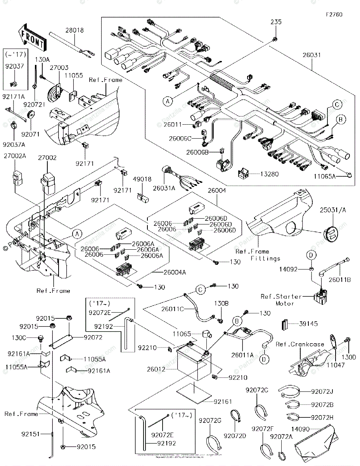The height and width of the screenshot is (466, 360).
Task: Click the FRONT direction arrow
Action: click(31, 36)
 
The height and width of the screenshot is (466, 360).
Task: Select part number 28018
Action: click(74, 30)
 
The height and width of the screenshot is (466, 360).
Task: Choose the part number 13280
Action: click(269, 174)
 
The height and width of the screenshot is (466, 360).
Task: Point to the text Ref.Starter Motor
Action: click(280, 300)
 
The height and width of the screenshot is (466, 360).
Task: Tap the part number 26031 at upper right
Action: click(312, 56)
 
